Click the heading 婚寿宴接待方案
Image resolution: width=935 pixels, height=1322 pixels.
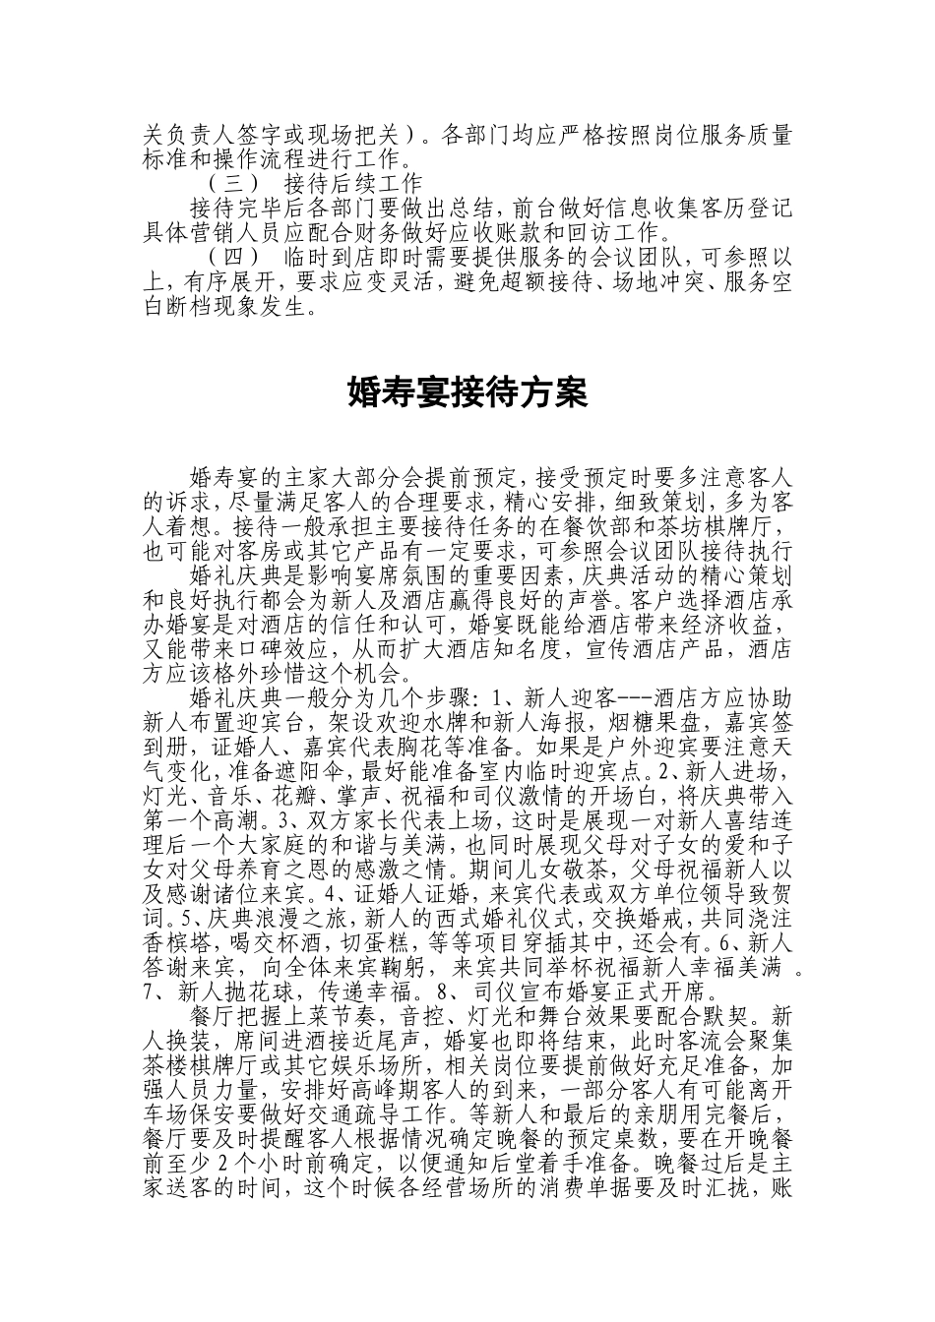(467, 393)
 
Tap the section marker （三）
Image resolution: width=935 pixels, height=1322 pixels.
(234, 183)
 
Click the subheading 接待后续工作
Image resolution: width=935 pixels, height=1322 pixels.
(351, 183)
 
